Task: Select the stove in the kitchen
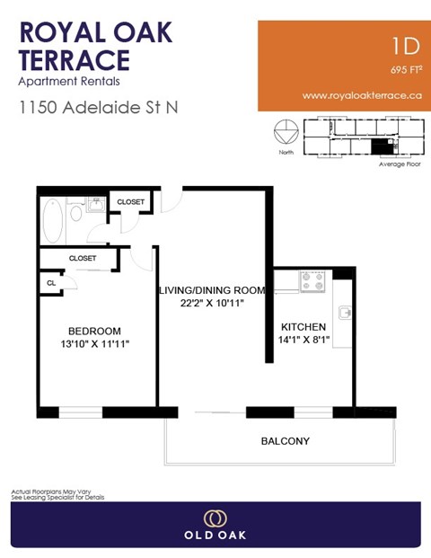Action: pyautogui.click(x=312, y=281)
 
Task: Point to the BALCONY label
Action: pyautogui.click(x=286, y=441)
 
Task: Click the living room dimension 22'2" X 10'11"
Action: pyautogui.click(x=212, y=304)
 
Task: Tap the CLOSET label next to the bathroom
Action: pyautogui.click(x=131, y=202)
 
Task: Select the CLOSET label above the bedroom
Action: pyautogui.click(x=82, y=258)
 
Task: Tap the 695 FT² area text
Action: pyautogui.click(x=406, y=68)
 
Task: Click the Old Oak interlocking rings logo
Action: pyautogui.click(x=215, y=519)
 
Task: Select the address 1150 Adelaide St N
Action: pyautogui.click(x=99, y=107)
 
